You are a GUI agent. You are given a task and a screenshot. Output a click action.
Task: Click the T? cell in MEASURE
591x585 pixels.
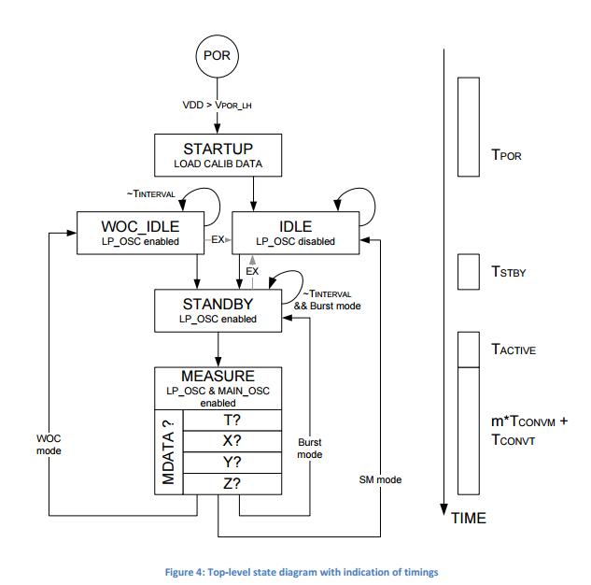click(232, 421)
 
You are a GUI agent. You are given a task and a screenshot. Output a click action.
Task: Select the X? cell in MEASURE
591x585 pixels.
click(232, 441)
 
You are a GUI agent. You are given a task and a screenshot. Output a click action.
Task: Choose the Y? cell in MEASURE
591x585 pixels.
click(232, 463)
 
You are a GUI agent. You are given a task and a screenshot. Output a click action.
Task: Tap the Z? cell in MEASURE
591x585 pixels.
click(232, 484)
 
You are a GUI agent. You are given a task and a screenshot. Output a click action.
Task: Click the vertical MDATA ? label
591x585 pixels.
click(168, 452)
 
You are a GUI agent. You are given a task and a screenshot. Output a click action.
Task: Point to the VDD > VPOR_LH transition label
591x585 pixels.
click(217, 105)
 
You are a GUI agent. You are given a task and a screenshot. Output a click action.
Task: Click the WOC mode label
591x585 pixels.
click(49, 445)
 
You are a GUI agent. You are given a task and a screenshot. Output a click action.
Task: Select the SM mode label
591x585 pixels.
click(380, 479)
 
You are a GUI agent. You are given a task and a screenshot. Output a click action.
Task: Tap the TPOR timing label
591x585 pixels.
click(506, 155)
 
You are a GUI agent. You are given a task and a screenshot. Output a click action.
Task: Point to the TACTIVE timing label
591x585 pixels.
click(514, 350)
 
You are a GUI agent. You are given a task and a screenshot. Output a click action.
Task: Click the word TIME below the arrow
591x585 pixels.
click(469, 519)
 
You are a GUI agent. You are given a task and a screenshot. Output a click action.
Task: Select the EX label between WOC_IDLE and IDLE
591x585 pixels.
click(218, 239)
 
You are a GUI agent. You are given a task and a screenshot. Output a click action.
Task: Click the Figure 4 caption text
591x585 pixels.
click(302, 572)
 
